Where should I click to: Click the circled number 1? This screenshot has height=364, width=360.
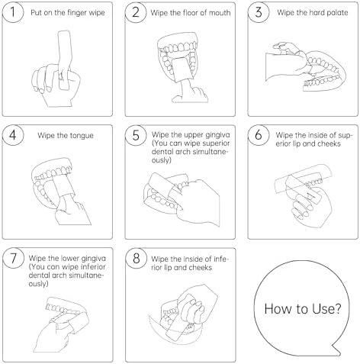pyautogui.click(x=13, y=12)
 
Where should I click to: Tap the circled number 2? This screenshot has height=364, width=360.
pyautogui.click(x=136, y=12)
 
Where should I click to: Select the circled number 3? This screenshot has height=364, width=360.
pyautogui.click(x=259, y=12)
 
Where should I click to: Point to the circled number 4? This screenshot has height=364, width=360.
pyautogui.click(x=13, y=135)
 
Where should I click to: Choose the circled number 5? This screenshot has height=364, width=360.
pyautogui.click(x=136, y=135)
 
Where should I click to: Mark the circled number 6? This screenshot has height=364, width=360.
pyautogui.click(x=259, y=135)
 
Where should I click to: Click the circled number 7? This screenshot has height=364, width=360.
pyautogui.click(x=13, y=258)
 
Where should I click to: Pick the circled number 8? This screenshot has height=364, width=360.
pyautogui.click(x=137, y=258)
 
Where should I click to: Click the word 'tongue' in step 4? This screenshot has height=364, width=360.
pyautogui.click(x=81, y=136)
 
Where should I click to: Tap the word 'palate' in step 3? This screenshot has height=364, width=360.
pyautogui.click(x=336, y=12)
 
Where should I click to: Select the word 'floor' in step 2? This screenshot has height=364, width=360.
pyautogui.click(x=191, y=12)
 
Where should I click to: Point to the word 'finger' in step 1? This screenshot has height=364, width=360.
pyautogui.click(x=76, y=13)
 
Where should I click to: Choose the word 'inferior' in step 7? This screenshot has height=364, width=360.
pyautogui.click(x=93, y=266)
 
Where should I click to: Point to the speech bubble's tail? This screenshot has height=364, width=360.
pyautogui.click(x=337, y=350)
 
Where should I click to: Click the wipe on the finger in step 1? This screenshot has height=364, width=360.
pyautogui.click(x=65, y=60)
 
